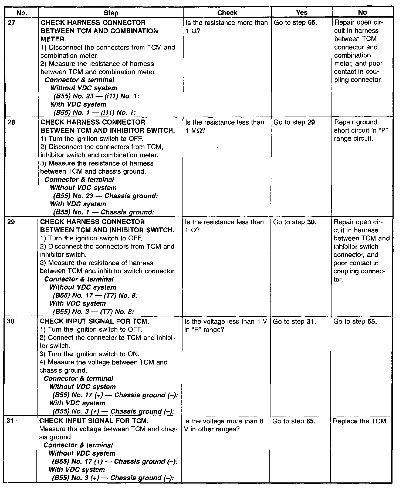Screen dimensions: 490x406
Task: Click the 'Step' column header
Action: [111, 13]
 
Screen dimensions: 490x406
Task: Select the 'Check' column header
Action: [227, 13]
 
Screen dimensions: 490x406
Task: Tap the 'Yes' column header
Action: [302, 12]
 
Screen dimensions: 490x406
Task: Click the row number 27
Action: [12, 22]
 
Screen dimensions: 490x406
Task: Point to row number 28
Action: [12, 122]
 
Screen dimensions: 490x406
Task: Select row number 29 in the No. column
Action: [12, 222]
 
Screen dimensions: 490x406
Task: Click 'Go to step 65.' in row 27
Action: [295, 23]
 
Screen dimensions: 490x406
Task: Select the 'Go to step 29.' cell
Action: [295, 122]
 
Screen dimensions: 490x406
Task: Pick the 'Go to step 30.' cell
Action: [295, 222]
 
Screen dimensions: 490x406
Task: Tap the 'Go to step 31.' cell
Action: [294, 322]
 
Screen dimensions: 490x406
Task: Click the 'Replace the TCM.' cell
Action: [360, 421]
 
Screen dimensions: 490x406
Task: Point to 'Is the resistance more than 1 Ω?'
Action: [226, 27]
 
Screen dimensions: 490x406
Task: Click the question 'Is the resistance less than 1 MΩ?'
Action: [224, 126]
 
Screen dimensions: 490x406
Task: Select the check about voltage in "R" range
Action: [225, 326]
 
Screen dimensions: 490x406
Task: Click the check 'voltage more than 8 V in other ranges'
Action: [224, 425]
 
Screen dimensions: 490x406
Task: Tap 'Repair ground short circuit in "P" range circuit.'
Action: [361, 130]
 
